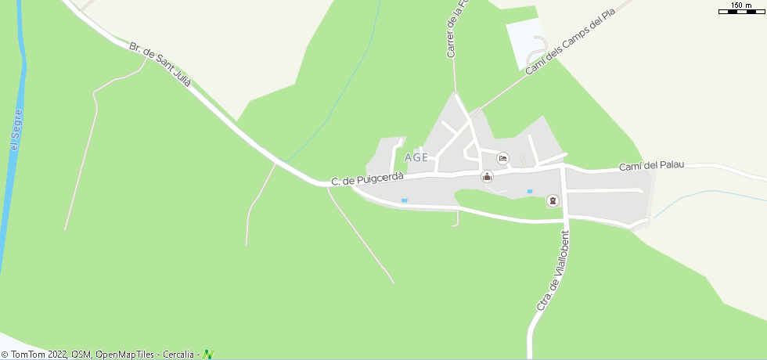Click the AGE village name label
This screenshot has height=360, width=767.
pos(417,157)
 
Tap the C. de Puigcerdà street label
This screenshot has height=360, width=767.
pos(367,179)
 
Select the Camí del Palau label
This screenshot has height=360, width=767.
pos(651,165)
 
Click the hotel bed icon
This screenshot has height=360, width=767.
pos(502,159)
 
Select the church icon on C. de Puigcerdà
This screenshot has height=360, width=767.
pos(487,176)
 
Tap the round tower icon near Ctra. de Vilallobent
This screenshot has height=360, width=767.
pos(553,201)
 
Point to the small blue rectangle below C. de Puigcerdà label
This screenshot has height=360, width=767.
pos(405,200)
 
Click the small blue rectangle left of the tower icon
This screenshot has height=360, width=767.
pos(530,191)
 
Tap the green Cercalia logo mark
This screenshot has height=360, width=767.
pos(207,355)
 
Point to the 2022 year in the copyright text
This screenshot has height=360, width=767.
pos(58,355)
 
